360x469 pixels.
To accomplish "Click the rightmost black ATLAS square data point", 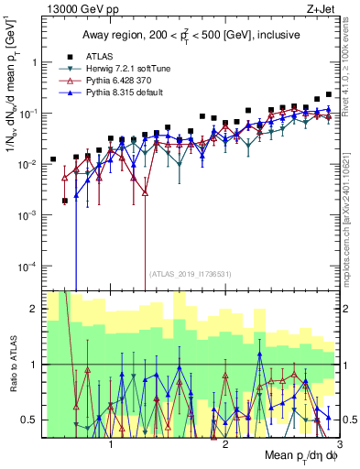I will pos(328,94).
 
